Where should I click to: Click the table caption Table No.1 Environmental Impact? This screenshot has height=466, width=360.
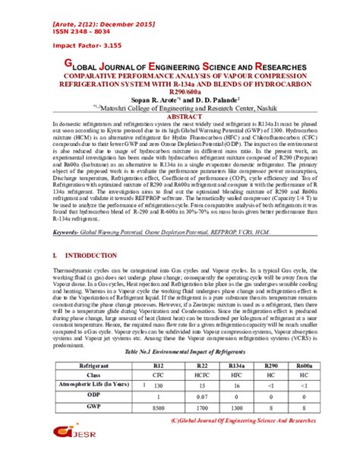[180, 354]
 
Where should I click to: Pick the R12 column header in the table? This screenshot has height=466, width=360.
[159, 366]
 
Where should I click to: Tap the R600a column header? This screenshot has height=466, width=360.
[302, 366]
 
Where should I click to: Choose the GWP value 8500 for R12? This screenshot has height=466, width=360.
[159, 407]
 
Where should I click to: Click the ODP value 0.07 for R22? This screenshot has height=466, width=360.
[201, 397]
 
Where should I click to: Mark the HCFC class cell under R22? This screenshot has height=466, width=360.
[201, 376]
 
